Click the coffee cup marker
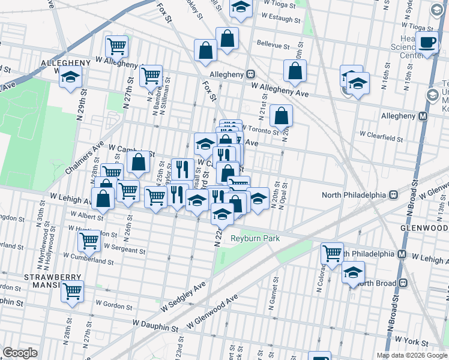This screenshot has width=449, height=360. click(x=427, y=43)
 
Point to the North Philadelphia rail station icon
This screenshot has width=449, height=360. click(x=395, y=194)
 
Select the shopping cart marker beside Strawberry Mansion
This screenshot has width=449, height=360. click(x=72, y=292)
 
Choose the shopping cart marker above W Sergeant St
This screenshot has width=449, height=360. click(x=89, y=241)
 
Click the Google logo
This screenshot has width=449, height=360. click(x=20, y=353)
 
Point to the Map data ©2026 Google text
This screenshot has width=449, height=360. click(x=412, y=355)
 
